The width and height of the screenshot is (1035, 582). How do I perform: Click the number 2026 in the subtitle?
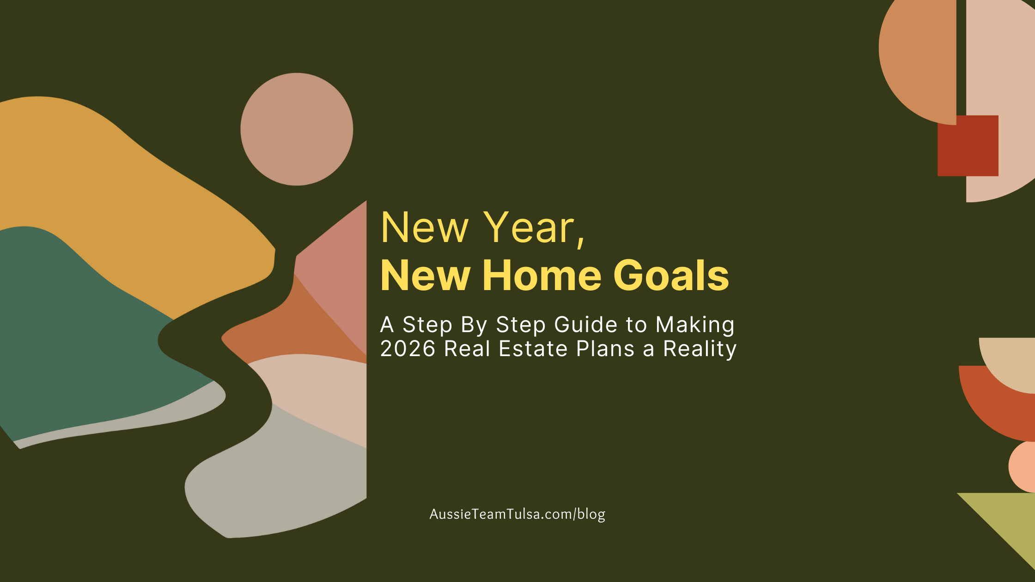click(x=408, y=349)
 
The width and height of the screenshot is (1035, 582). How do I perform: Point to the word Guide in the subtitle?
click(x=585, y=325)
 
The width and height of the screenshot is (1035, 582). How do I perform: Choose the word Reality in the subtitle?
click(x=700, y=349)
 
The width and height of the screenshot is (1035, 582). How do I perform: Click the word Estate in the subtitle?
click(x=533, y=349)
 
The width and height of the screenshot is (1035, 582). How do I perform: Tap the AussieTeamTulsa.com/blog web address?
click(x=517, y=514)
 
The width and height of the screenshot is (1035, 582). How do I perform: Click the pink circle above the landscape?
click(x=297, y=129)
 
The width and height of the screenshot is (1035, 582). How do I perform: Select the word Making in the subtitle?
click(x=695, y=325)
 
